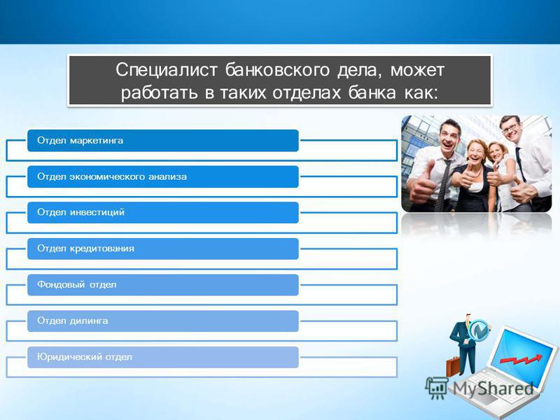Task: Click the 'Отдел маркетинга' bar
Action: coord(163,141)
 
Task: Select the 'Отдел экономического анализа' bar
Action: coord(163,176)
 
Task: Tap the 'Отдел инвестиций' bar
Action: coord(163,213)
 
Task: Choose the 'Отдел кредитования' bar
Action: coord(163,248)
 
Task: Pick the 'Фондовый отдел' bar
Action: coord(163,285)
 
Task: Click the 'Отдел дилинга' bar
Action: coord(163,321)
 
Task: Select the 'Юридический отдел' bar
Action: coord(163,357)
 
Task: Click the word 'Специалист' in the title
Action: coord(167,70)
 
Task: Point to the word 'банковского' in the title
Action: coord(277,70)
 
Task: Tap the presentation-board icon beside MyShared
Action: coord(437,388)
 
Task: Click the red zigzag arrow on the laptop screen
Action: coord(521,359)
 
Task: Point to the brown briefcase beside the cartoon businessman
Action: coord(452,366)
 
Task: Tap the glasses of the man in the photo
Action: coord(510,128)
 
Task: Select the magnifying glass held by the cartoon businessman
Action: coord(477,331)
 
